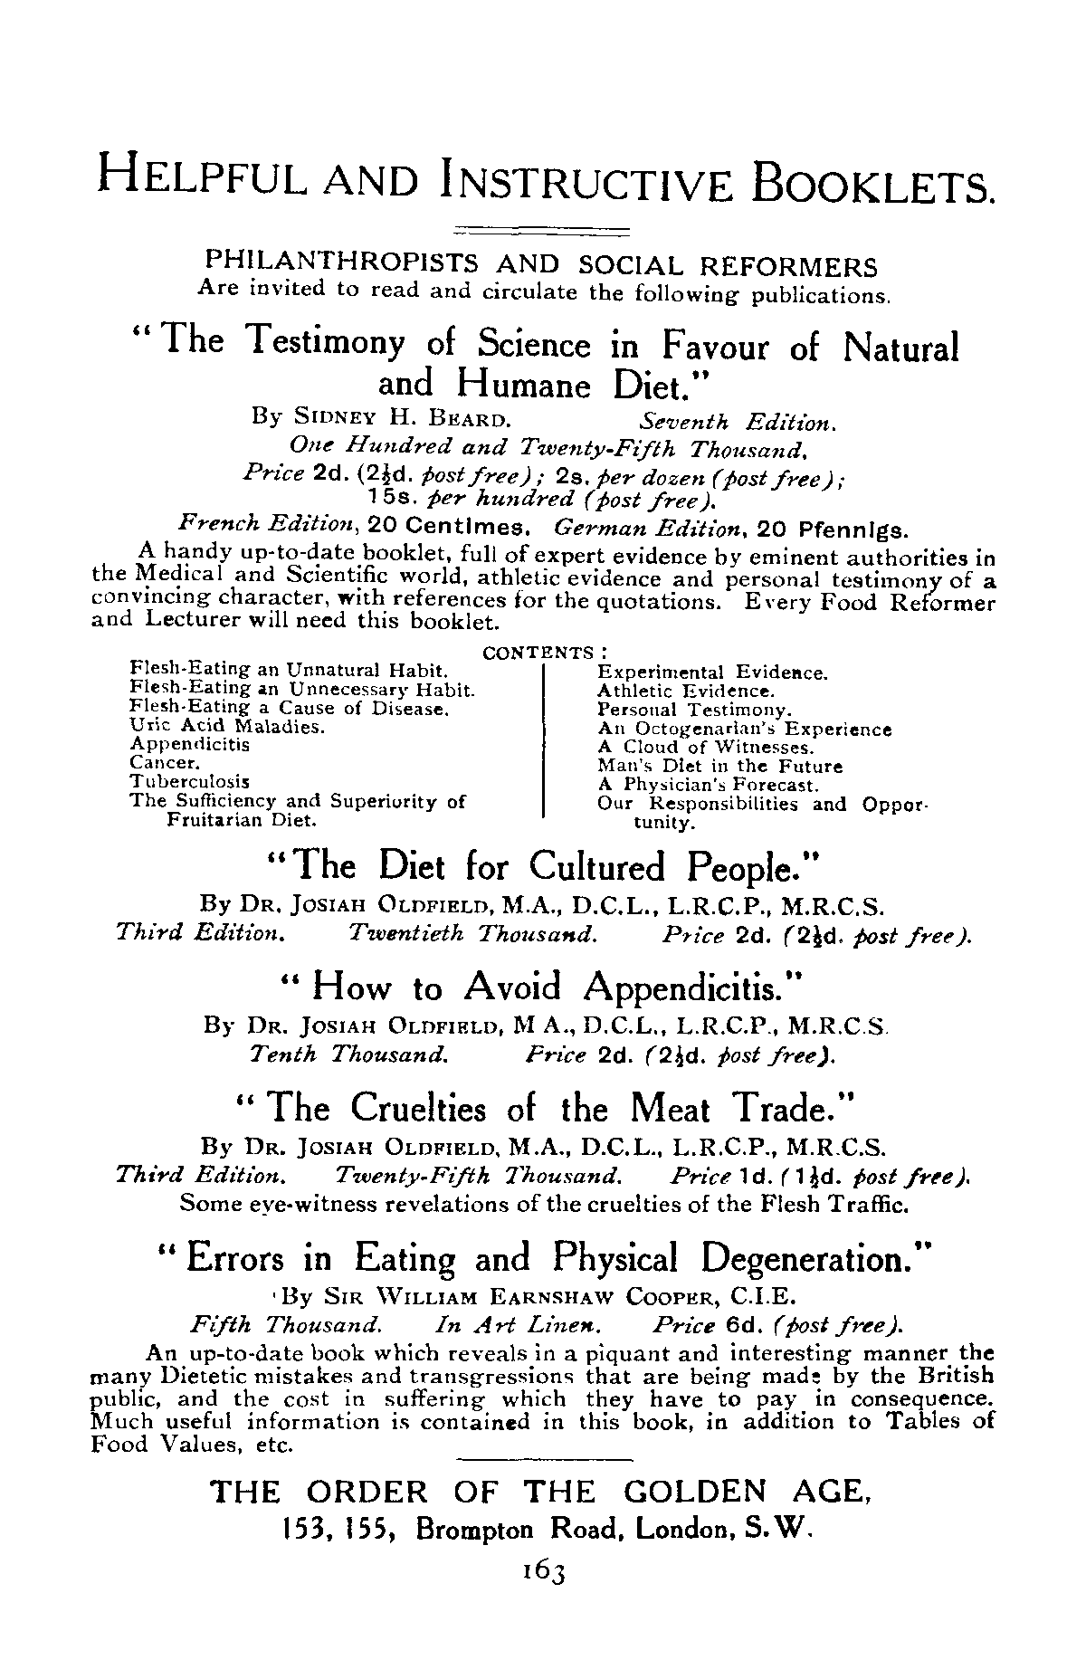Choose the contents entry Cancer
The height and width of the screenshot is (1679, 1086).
click(158, 762)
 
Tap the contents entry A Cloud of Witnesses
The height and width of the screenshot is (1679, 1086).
click(706, 748)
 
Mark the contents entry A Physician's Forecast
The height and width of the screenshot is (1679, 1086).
click(708, 786)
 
